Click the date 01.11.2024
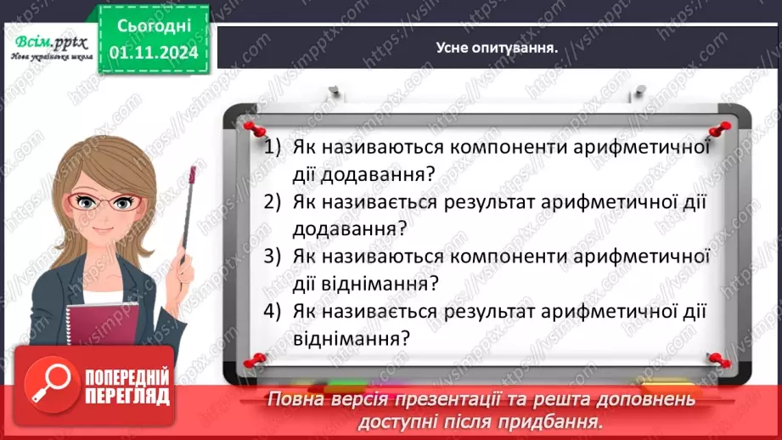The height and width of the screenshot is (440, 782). pyautogui.click(x=154, y=51)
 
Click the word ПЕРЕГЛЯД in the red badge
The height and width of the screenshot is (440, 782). pyautogui.click(x=127, y=396)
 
